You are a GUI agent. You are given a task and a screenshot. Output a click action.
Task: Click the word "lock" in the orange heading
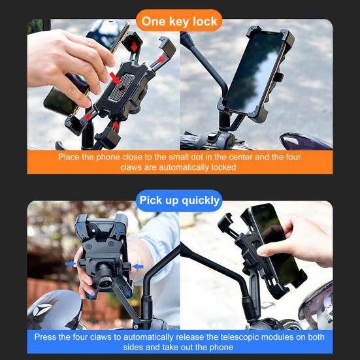(203, 22)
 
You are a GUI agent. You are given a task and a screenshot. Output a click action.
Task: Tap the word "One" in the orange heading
(154, 22)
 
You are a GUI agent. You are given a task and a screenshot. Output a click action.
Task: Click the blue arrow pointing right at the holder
(71, 264)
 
